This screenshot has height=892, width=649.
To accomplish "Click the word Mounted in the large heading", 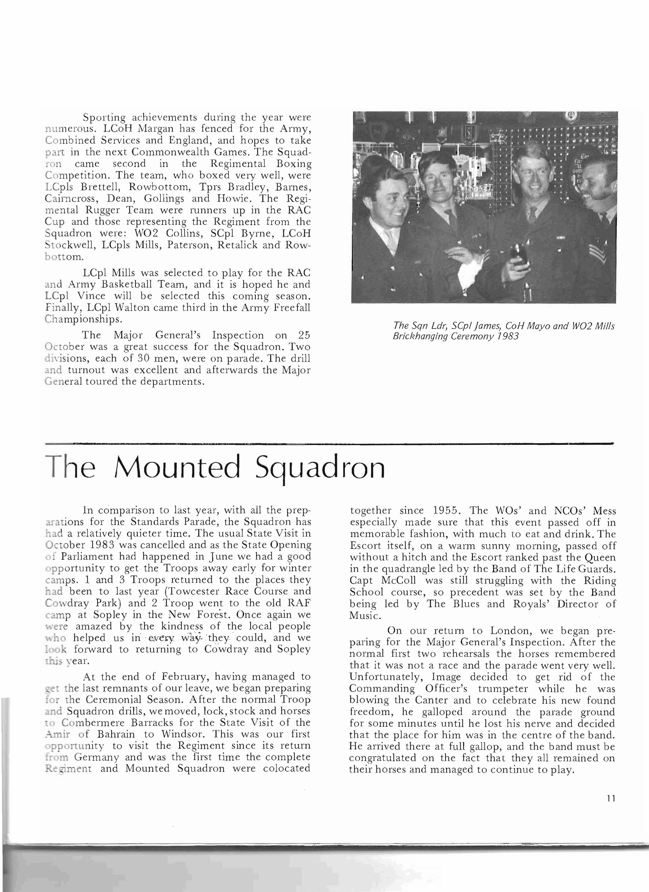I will [177, 468].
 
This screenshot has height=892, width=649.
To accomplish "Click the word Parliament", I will [97, 557].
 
